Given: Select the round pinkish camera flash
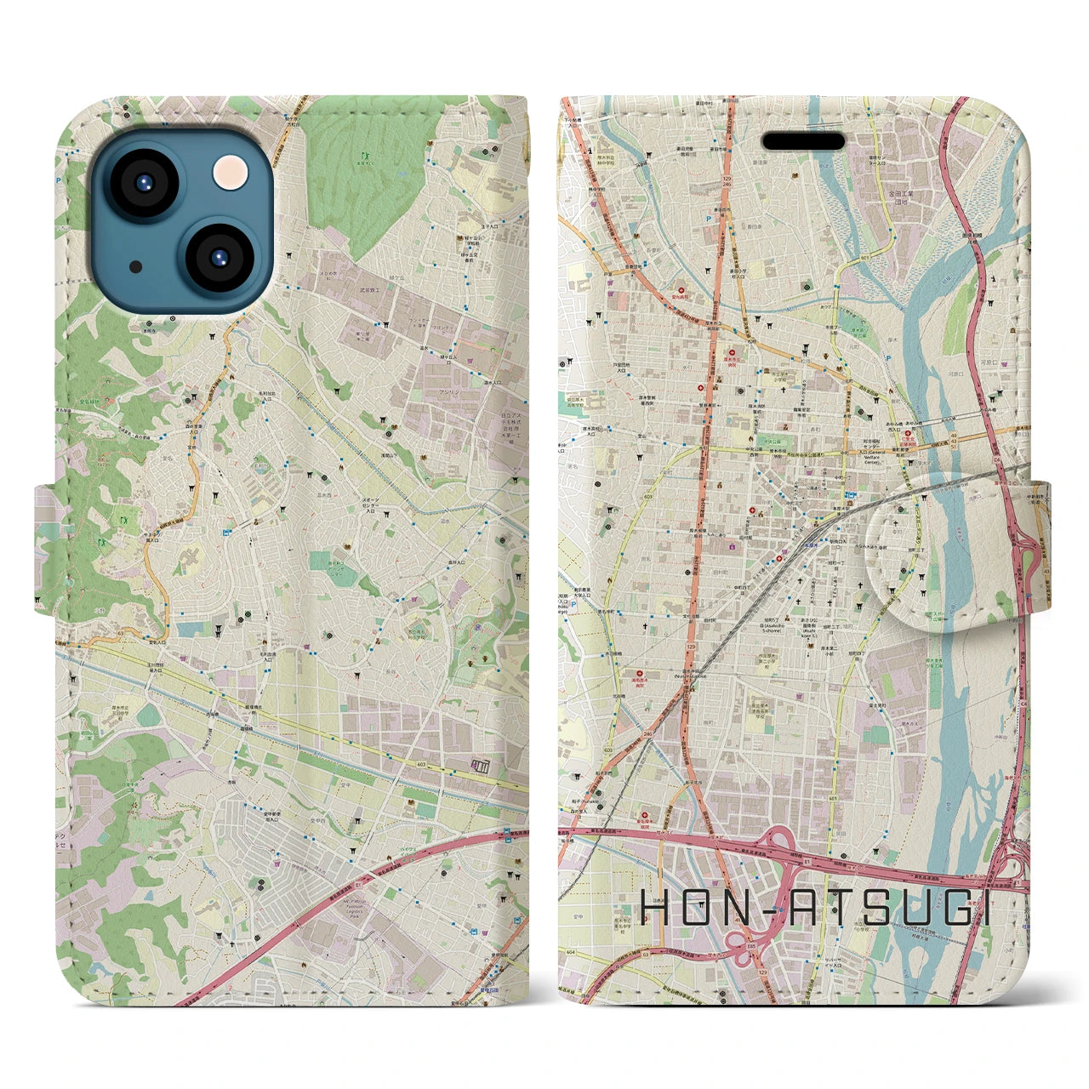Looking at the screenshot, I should point(231,171).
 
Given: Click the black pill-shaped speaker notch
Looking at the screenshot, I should point(802,140).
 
